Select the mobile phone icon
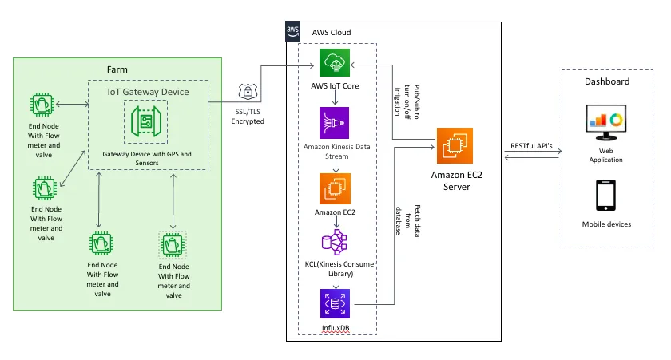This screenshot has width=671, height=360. [x=607, y=196]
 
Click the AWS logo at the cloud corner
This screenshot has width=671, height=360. [x=293, y=31]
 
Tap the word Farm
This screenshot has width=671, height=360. [x=117, y=69]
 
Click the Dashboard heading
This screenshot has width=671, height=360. [x=607, y=81]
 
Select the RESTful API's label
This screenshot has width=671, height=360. [x=530, y=145]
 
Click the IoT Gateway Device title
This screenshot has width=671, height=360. [x=148, y=92]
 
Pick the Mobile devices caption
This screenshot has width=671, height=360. [x=607, y=224]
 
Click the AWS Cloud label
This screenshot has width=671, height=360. [x=332, y=31]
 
